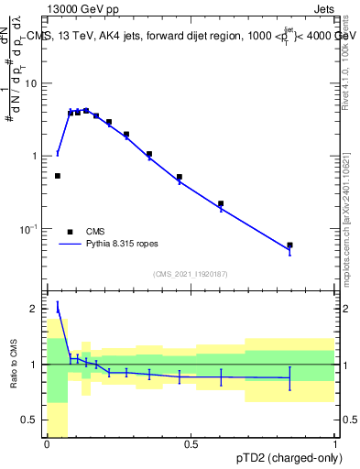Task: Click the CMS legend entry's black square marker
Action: (71, 232)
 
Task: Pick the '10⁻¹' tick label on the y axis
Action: (31, 228)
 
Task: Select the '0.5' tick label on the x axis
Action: (191, 444)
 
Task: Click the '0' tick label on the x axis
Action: (47, 444)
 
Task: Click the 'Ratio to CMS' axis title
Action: (14, 365)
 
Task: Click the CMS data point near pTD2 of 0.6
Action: (221, 203)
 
